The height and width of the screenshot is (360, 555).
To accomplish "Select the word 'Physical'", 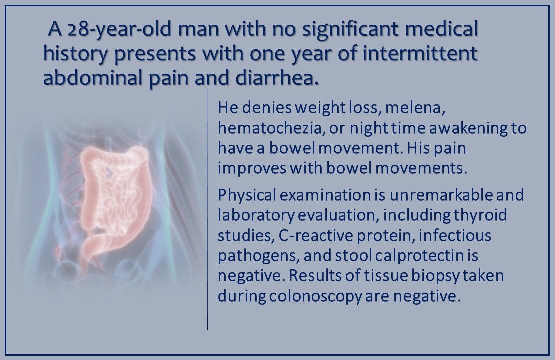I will point(245,194).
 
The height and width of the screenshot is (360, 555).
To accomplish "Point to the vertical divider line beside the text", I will point(207,210).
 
